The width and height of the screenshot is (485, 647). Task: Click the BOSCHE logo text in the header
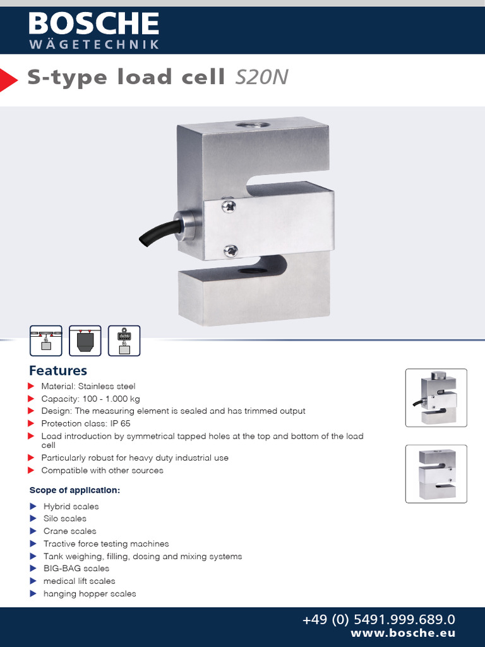click(x=93, y=24)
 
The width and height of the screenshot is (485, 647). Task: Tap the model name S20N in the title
click(x=261, y=77)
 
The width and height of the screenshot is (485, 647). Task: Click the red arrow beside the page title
click(x=8, y=79)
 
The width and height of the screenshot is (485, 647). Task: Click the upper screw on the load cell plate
click(x=229, y=205)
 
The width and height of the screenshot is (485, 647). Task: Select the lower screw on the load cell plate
click(x=231, y=250)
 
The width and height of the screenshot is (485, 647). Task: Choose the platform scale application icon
click(x=46, y=341)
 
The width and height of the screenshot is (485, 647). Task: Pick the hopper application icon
click(x=85, y=341)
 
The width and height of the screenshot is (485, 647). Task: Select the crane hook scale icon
click(x=124, y=341)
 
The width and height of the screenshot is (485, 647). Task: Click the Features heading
click(x=58, y=371)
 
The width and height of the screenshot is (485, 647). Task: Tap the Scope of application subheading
click(x=75, y=490)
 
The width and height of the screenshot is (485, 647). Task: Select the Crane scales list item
click(x=69, y=531)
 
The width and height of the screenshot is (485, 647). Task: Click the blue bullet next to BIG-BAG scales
click(x=33, y=569)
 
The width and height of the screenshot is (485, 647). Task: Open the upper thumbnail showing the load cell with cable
click(x=436, y=397)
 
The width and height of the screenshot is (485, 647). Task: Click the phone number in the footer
click(x=379, y=620)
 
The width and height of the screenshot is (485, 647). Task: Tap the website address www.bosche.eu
click(x=403, y=633)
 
